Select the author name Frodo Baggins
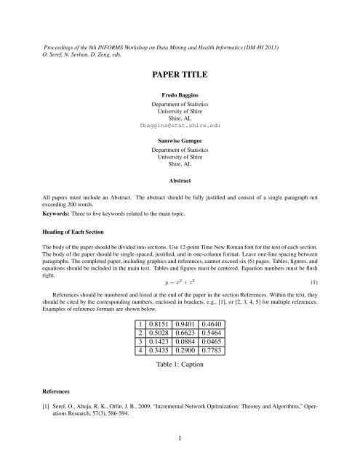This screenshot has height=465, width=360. point(180,95)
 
